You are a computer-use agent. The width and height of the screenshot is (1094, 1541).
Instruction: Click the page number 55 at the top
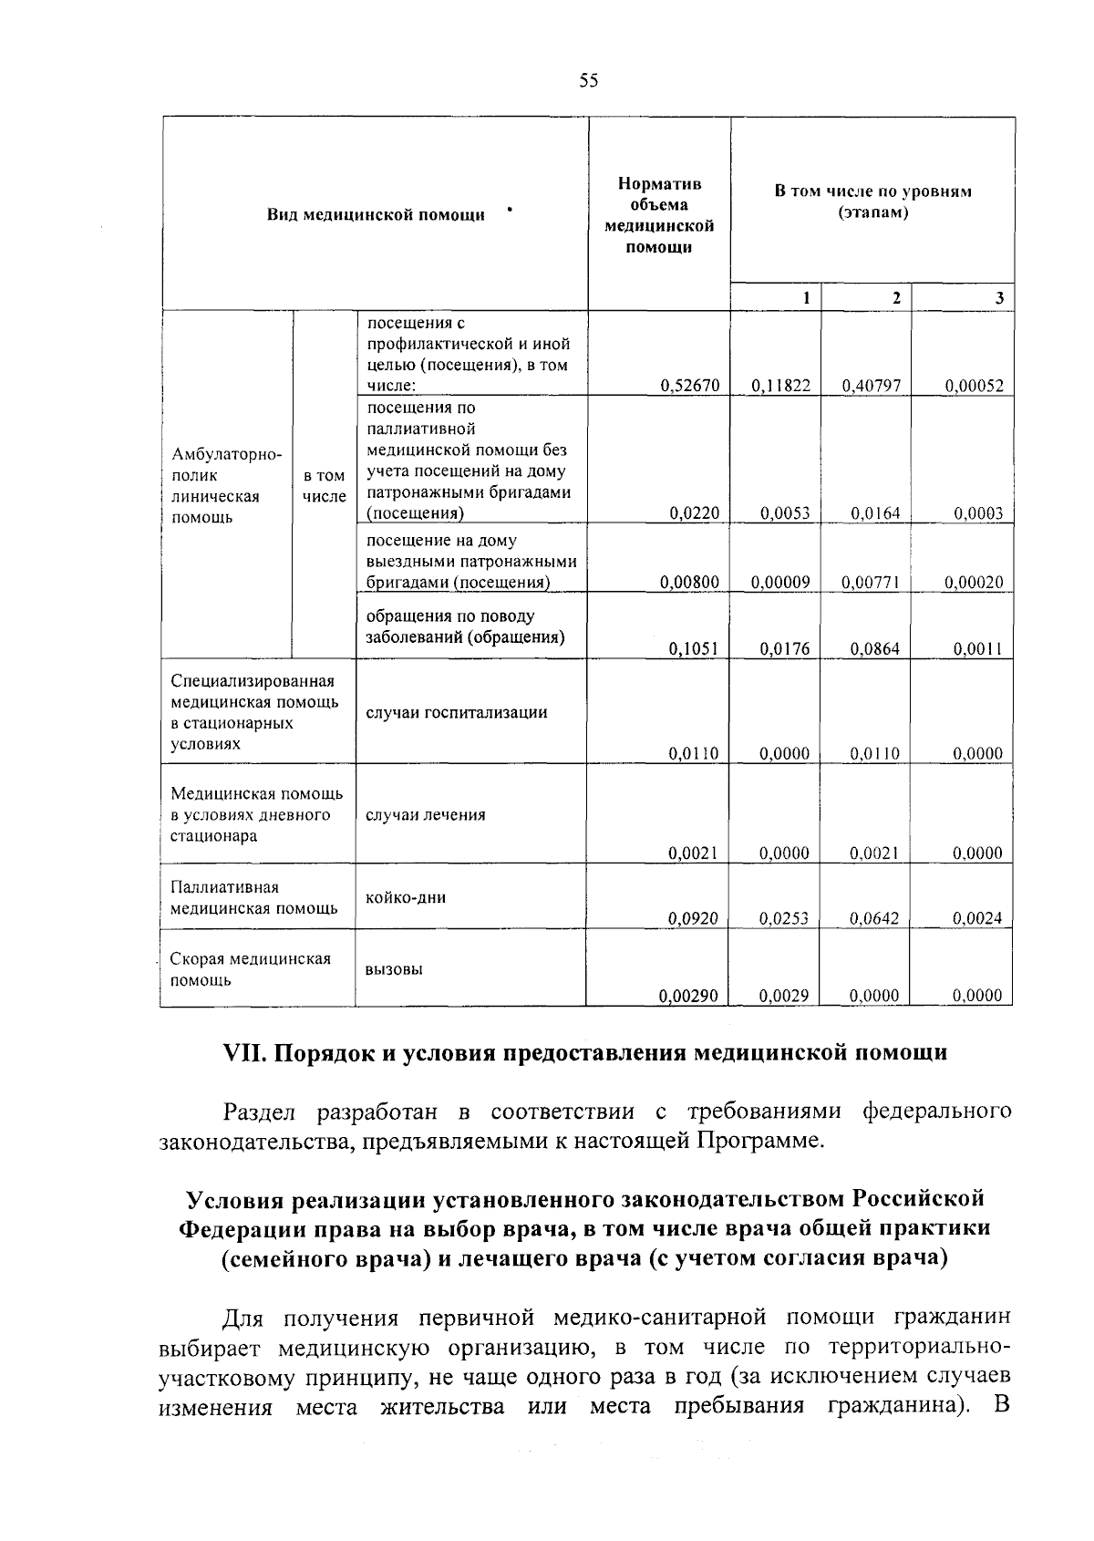(x=588, y=81)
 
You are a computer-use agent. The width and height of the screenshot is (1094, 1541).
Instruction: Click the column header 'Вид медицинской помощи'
(x=376, y=215)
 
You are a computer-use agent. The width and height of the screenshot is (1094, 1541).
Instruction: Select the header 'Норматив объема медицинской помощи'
(x=659, y=216)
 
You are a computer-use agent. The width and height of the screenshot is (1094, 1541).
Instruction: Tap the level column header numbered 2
(x=896, y=298)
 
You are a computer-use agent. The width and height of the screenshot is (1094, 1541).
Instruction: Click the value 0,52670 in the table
(x=690, y=386)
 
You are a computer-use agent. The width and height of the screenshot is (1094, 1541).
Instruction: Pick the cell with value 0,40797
(x=872, y=386)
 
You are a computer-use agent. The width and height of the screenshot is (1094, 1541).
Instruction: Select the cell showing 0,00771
(x=872, y=582)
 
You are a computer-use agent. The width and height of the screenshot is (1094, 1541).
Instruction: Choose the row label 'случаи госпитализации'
(x=456, y=712)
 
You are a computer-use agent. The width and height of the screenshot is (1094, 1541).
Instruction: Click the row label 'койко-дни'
(x=406, y=897)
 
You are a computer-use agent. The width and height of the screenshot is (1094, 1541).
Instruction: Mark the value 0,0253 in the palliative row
(x=784, y=919)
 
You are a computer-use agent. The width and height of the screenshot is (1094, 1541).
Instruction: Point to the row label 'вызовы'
(x=394, y=969)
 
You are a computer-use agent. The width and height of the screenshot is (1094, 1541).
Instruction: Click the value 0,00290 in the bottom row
(x=689, y=997)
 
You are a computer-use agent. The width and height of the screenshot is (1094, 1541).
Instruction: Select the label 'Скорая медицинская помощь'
(x=251, y=969)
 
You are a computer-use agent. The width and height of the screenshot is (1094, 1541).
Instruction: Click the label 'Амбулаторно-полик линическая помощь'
(x=226, y=486)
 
